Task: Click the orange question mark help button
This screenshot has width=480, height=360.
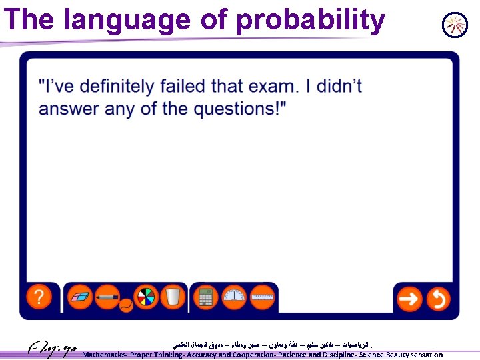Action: click(x=39, y=297)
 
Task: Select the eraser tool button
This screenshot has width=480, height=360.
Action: click(x=81, y=297)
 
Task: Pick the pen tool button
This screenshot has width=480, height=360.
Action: click(x=107, y=297)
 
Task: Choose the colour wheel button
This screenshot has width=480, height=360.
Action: click(x=145, y=297)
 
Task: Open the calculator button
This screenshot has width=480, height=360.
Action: click(x=207, y=297)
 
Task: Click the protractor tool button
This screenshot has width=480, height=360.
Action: click(x=235, y=297)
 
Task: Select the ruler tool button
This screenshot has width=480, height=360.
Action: click(x=263, y=297)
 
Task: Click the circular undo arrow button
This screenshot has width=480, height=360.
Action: click(x=437, y=299)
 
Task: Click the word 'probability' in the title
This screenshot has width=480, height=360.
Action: click(x=310, y=21)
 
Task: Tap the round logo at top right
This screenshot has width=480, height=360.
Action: click(x=455, y=25)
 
